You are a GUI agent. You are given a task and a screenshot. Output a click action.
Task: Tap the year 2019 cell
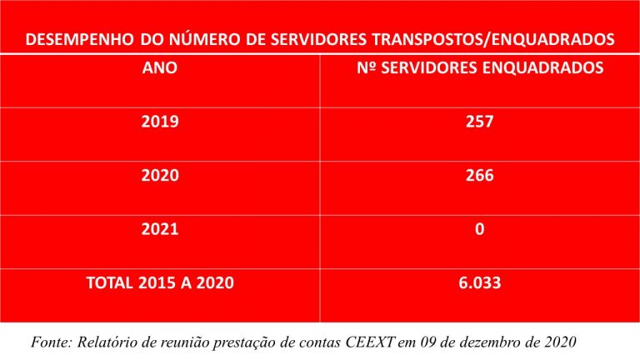pos(160,122)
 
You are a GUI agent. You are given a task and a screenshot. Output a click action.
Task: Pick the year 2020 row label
pos(160,176)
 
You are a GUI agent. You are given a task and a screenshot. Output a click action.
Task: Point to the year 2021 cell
pos(160,229)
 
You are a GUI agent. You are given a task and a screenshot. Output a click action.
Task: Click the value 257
pos(480,122)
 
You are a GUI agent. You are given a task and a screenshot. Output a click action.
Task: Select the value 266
pos(480,176)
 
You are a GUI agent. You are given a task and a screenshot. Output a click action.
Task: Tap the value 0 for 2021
pos(480,229)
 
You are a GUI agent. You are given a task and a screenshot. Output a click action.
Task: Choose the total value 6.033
pos(480,282)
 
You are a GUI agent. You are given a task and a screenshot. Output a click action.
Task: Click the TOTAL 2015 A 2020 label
pos(160,282)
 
